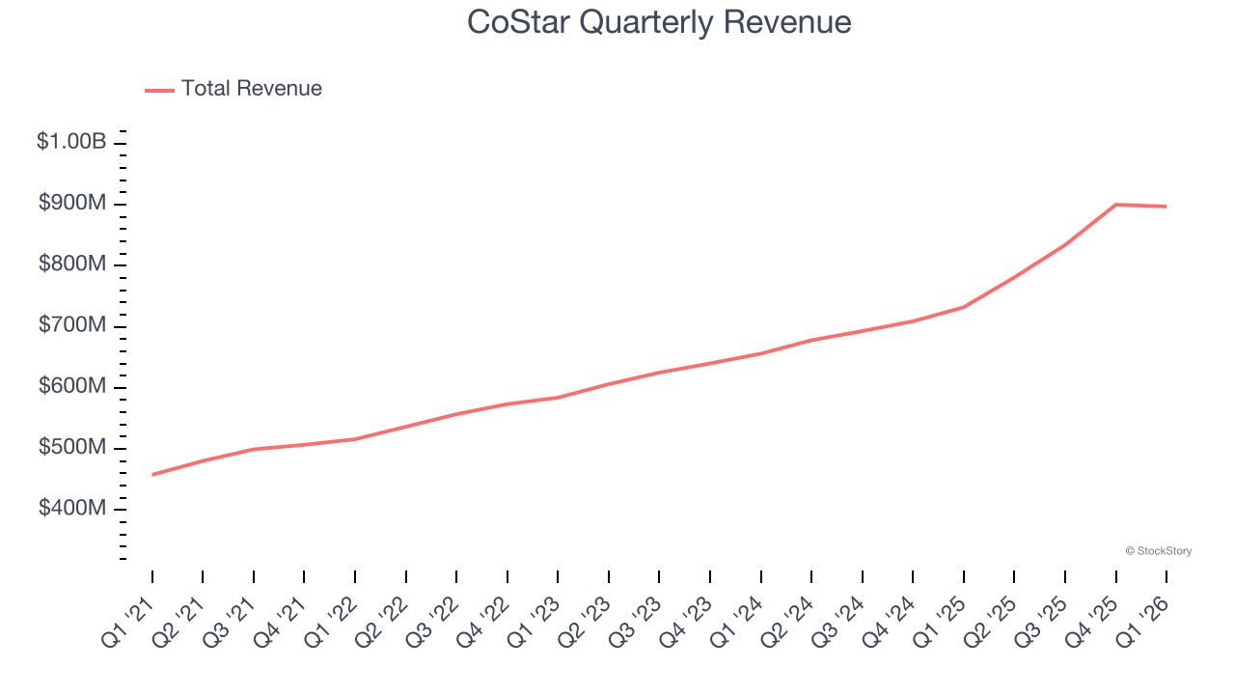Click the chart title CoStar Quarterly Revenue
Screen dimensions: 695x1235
659,21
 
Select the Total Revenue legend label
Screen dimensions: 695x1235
251,89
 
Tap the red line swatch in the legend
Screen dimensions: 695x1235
159,90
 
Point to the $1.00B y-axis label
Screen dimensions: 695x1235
71,142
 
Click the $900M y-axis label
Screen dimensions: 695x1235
72,204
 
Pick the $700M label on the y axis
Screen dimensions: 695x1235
72,325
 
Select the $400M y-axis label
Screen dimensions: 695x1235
72,509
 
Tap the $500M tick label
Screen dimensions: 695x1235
72,448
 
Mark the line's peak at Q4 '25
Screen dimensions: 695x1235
1115,205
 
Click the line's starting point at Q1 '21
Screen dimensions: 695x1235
152,474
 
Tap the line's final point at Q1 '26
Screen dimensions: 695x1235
1166,207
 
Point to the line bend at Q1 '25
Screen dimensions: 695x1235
963,307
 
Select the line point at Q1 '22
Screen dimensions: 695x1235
355,439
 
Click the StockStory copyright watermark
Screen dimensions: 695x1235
1158,551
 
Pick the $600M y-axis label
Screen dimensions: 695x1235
72,386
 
